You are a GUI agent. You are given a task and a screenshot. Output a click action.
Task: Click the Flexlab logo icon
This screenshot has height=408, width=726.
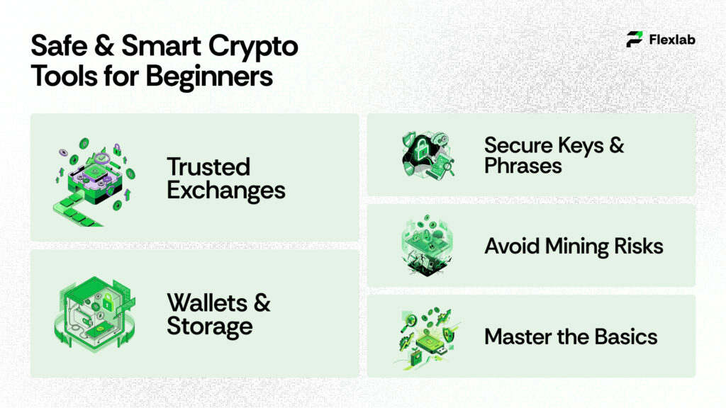[x=635, y=40]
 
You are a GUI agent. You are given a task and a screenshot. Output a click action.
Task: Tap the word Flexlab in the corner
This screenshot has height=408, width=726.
[x=672, y=40]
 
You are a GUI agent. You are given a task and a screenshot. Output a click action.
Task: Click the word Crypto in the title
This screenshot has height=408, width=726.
[x=257, y=47]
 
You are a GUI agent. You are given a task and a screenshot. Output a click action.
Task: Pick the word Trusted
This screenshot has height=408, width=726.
[x=208, y=167]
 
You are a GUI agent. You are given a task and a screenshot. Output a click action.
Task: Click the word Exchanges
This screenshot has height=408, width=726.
[x=226, y=190]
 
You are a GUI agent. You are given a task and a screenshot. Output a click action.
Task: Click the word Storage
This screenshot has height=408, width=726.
[x=210, y=326]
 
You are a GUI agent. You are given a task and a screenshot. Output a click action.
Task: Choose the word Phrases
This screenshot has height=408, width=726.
[x=523, y=166]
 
